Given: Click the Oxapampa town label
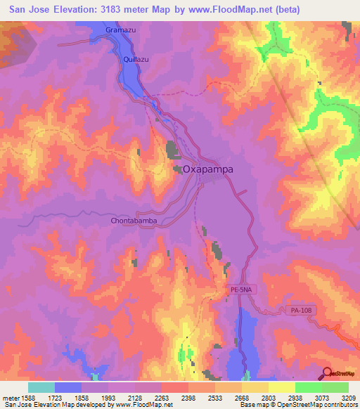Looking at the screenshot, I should (x=208, y=169).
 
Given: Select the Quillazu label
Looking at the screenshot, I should (x=136, y=60).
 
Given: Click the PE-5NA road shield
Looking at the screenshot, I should (x=240, y=289).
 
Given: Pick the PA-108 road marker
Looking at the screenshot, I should (x=300, y=309).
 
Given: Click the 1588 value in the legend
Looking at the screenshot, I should (x=28, y=397).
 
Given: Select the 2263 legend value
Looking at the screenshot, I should (x=162, y=397).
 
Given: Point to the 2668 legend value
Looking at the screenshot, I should (x=241, y=397).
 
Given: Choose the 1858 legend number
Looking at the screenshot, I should (x=82, y=397).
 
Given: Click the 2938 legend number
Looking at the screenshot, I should (x=295, y=397).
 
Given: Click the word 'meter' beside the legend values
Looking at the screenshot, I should (x=10, y=397).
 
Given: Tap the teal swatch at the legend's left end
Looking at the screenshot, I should (x=41, y=387).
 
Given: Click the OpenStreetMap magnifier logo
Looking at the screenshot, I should (x=326, y=373).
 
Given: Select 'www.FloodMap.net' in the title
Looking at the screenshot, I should (x=226, y=9).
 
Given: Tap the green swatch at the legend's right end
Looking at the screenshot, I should (x=335, y=387).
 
